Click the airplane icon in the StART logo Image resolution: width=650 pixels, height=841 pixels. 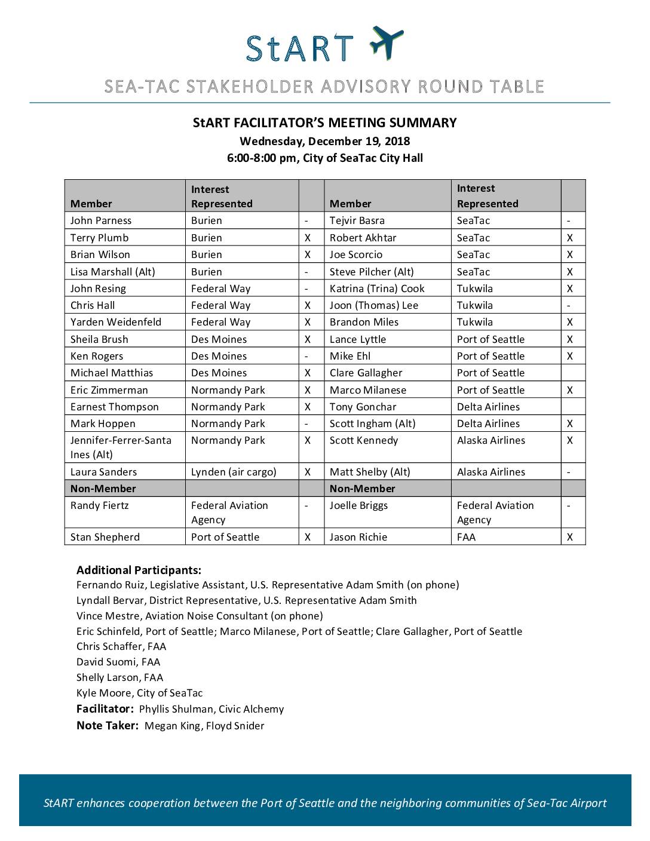[x=386, y=42]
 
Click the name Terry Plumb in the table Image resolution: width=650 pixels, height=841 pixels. [x=99, y=238]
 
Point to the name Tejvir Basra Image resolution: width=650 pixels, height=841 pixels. [x=357, y=220]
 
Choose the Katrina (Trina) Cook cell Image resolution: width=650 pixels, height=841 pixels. [x=377, y=288]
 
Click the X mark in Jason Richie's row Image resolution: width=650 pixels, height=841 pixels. [x=569, y=537]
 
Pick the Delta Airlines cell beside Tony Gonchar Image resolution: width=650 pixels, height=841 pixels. [x=488, y=407]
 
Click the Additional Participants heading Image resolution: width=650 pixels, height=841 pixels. [x=139, y=570]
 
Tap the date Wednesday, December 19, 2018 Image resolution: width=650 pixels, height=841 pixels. [x=324, y=142]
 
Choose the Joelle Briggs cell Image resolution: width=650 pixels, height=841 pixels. [x=358, y=505]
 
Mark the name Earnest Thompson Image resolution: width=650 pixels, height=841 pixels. [x=115, y=407]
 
